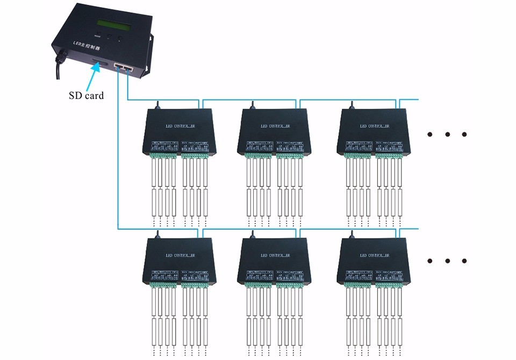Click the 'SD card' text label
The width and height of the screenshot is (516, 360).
click(86, 96)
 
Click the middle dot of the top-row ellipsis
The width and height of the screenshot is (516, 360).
click(447, 134)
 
